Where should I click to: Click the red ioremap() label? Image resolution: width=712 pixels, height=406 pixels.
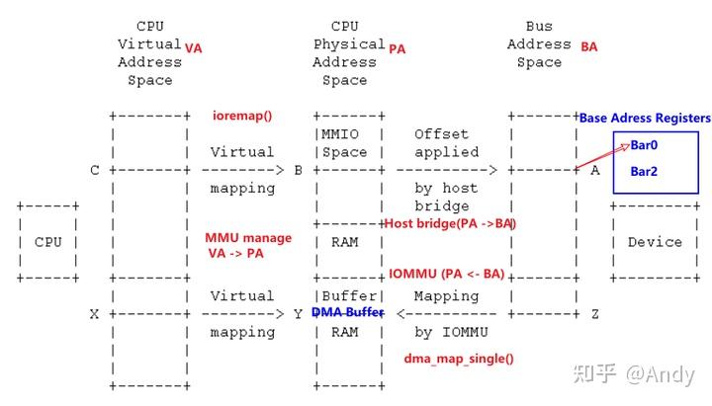(241, 116)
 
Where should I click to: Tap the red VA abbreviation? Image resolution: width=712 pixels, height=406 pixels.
(194, 46)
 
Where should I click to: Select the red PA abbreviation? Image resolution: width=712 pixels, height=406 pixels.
(398, 47)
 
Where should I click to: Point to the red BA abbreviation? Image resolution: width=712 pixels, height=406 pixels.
(588, 46)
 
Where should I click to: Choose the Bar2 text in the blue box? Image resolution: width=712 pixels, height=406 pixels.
(644, 171)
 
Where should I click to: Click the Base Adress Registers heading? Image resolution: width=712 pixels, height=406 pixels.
(645, 118)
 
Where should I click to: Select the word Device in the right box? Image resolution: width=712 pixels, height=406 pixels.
(655, 242)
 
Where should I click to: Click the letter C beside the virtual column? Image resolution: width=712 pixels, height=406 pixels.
(95, 170)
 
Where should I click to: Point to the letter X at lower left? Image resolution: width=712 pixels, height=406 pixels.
(95, 313)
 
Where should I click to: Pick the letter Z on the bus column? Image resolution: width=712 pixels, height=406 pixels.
(594, 313)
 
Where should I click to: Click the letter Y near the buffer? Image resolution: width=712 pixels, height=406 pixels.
(298, 313)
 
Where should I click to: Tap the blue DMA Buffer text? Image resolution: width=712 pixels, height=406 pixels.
(346, 312)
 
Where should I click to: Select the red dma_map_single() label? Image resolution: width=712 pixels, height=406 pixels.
(459, 359)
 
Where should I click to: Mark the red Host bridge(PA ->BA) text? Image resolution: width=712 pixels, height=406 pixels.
(450, 223)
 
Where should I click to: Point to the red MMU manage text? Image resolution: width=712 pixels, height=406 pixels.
(248, 238)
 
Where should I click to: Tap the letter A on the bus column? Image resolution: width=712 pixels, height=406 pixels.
(594, 170)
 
